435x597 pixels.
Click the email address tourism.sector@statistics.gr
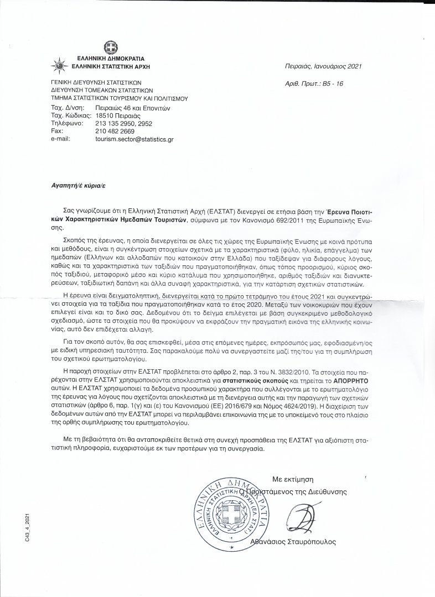click(134, 140)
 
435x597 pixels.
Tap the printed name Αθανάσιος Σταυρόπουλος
click(293, 542)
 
